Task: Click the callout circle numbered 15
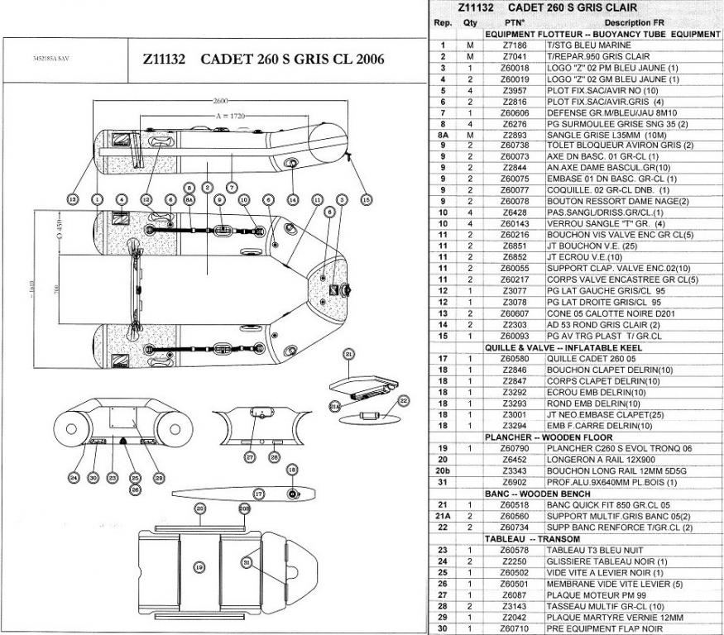coord(367,198)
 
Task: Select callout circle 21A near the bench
coord(335,406)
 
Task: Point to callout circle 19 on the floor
coord(199,567)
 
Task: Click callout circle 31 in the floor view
coord(246,561)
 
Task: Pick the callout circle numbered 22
coord(404,401)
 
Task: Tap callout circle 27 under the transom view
coord(249,456)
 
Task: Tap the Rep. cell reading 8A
coord(444,135)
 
